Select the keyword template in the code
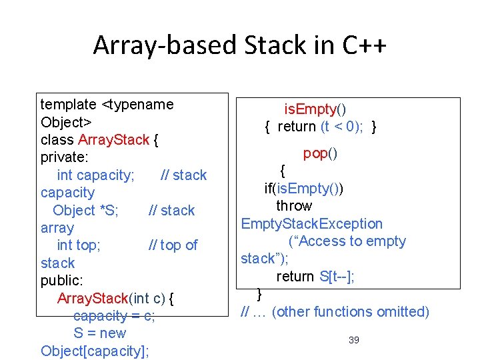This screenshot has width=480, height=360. point(69,105)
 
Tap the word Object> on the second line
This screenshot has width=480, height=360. point(66,122)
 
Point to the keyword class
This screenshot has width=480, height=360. point(57,140)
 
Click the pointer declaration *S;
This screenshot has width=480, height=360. point(109,210)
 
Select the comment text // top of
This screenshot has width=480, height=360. point(173,245)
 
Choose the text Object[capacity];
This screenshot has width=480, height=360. point(95,351)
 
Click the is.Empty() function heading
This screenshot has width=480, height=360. point(315,109)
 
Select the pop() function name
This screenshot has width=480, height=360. point(320,153)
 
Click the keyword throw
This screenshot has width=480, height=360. point(293,206)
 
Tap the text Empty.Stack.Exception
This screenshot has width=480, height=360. point(312,224)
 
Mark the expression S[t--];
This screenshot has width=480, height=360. point(336,276)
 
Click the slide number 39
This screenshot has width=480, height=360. point(354,341)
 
